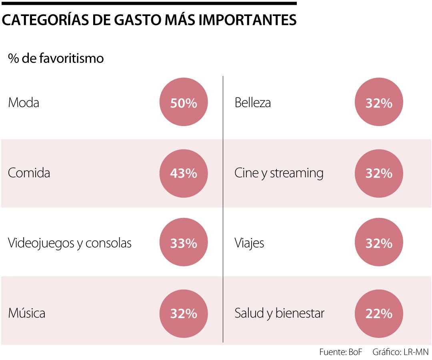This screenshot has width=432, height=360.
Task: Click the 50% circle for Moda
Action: (184, 102)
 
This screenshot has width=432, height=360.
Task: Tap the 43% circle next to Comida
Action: (184, 173)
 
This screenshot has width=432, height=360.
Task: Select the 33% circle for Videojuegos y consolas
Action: (184, 243)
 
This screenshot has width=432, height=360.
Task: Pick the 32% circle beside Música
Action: (184, 313)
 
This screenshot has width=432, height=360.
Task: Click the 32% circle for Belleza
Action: (379, 102)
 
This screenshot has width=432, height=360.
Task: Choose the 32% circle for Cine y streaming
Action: (379, 173)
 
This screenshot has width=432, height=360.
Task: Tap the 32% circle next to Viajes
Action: (379, 243)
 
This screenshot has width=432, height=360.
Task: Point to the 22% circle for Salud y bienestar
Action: (379, 313)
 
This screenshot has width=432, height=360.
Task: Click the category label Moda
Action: (24, 103)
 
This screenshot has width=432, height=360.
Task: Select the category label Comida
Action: (29, 173)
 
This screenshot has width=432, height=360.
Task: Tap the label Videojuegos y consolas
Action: (70, 243)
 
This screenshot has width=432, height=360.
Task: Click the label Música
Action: (26, 313)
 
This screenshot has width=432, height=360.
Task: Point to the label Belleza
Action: (252, 103)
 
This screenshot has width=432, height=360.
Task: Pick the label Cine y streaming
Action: (279, 173)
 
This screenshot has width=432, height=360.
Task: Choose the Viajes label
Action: (249, 243)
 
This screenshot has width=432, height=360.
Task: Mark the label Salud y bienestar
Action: (279, 313)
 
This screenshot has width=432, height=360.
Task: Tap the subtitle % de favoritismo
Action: (56, 58)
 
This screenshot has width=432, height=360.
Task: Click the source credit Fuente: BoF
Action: (340, 352)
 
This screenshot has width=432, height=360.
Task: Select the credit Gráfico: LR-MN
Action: (400, 352)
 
